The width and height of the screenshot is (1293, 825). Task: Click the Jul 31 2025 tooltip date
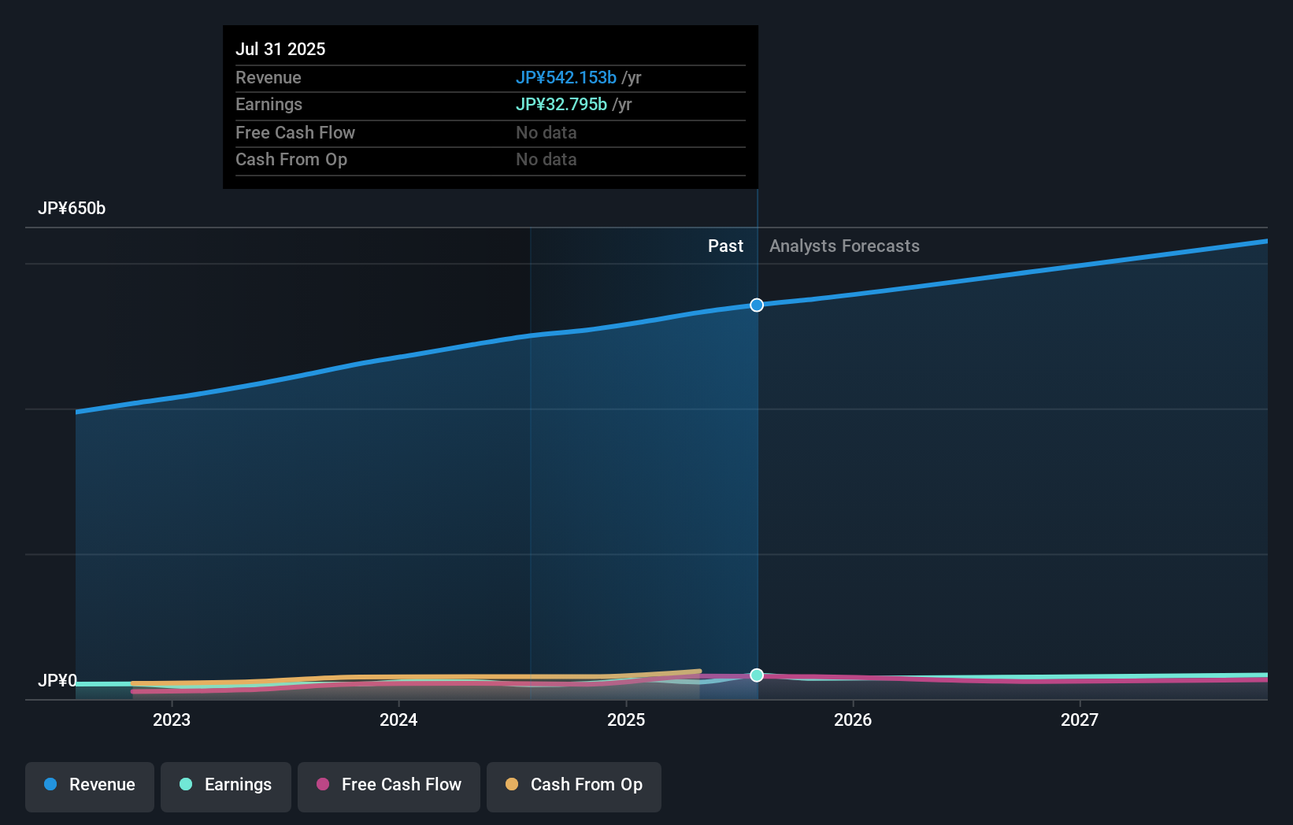(x=280, y=49)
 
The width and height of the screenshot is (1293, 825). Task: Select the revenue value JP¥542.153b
(x=565, y=77)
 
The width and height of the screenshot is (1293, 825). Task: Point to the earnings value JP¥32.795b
(x=561, y=104)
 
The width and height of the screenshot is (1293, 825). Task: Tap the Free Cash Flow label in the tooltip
(x=295, y=132)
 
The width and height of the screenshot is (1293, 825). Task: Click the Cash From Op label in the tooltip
(x=291, y=159)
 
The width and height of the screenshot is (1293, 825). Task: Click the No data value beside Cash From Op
(x=546, y=159)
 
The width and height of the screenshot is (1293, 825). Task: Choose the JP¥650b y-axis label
(x=72, y=208)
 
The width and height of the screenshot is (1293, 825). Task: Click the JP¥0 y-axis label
(x=57, y=680)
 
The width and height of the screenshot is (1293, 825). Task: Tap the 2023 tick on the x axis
(x=172, y=720)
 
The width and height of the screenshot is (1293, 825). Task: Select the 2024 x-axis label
(x=398, y=720)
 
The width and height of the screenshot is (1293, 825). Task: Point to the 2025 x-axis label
(x=626, y=720)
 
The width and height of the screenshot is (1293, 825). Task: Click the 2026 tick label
(x=853, y=720)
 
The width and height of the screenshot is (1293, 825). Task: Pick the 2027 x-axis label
(x=1080, y=720)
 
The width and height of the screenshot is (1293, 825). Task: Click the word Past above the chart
(x=725, y=246)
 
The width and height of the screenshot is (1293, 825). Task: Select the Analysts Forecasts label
(x=844, y=246)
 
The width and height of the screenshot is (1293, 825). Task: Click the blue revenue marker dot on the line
(x=757, y=305)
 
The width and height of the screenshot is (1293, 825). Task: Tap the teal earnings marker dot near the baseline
(x=757, y=675)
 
